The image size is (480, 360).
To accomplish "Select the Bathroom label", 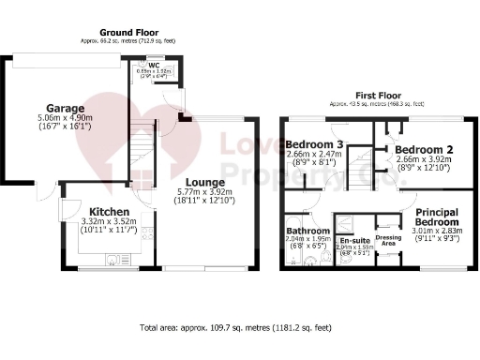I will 307,231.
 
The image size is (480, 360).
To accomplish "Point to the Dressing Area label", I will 387,239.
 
